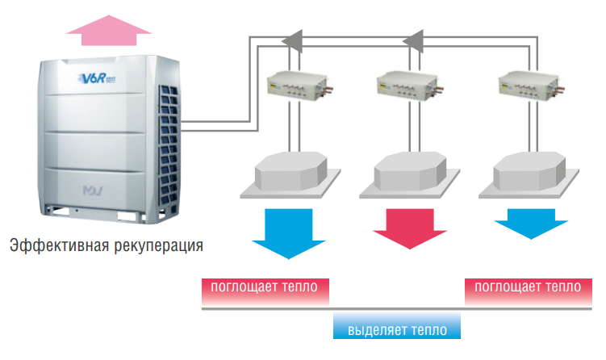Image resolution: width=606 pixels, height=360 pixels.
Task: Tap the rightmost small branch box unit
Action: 529,83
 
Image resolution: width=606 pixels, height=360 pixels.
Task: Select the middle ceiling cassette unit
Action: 408,174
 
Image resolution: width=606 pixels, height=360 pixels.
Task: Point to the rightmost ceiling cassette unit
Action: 529,174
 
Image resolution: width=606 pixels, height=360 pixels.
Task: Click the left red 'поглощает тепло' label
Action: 265,287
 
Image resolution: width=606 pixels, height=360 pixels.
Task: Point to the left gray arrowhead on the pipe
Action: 291,37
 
